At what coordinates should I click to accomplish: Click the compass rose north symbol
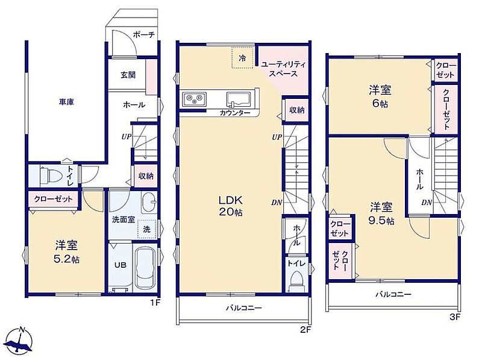click(x=20, y=341)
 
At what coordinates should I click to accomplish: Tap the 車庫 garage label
click(x=66, y=102)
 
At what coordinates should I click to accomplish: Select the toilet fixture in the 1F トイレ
click(x=49, y=175)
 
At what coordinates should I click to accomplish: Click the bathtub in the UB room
click(x=146, y=267)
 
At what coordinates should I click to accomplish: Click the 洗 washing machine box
click(x=147, y=229)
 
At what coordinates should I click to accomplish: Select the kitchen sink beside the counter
click(x=240, y=99)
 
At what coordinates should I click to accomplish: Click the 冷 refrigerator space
click(x=243, y=57)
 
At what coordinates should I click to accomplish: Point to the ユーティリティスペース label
click(x=283, y=69)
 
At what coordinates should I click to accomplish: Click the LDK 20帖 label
click(x=231, y=206)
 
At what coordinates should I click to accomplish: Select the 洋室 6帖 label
click(x=380, y=96)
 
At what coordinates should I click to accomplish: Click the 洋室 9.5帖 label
click(x=382, y=213)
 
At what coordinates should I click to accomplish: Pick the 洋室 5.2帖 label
click(x=66, y=252)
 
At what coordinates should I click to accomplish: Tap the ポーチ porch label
click(x=143, y=35)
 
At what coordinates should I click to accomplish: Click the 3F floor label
click(x=455, y=317)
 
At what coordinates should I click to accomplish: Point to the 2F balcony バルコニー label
click(x=244, y=308)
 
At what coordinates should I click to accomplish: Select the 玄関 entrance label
click(x=128, y=75)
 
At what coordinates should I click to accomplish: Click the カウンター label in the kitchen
click(x=235, y=113)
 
